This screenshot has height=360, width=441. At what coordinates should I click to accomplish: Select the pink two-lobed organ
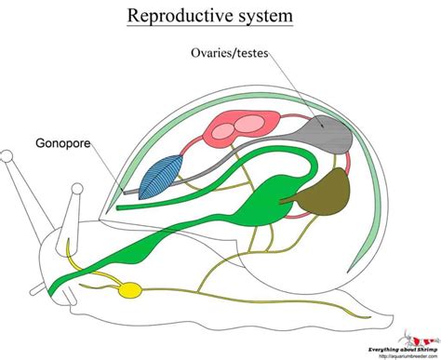pyautogui.click(x=243, y=126)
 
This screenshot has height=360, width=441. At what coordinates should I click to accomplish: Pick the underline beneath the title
pyautogui.click(x=220, y=30)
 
